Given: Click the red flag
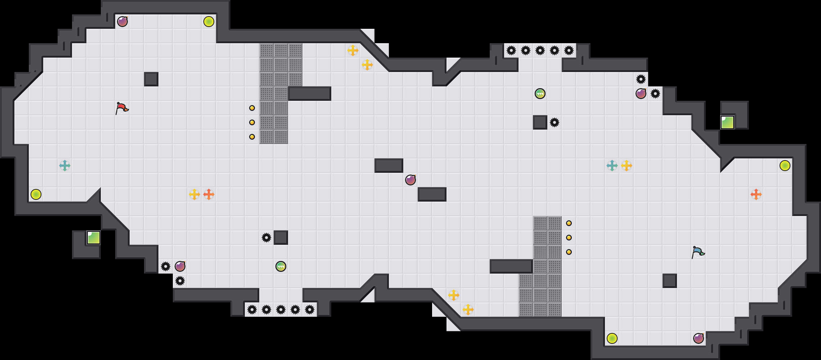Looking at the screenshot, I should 122,108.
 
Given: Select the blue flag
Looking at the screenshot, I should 698,252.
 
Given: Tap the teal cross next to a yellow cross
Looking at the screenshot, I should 612,166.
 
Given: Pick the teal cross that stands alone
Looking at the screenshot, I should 65,166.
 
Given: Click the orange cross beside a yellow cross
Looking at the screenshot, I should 209,194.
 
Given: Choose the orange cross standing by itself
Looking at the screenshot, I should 756,194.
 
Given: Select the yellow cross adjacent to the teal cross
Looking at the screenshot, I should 627,166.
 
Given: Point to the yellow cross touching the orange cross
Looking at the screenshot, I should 194,194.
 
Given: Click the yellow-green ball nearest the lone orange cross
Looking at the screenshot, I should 785,166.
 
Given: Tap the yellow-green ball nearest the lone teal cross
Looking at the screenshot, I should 36,194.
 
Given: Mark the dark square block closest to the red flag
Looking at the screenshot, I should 151,79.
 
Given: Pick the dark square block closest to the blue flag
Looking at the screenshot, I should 670,281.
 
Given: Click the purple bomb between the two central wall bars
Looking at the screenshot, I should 410,180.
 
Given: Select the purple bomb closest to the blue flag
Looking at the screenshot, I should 699,338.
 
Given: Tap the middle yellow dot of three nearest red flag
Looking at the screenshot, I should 252,122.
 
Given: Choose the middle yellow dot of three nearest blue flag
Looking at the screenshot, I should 569,238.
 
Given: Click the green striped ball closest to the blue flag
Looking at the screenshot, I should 540,94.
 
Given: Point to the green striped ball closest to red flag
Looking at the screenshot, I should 281,266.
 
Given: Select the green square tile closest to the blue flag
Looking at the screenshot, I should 727,122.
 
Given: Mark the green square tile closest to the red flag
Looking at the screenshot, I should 94,238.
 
